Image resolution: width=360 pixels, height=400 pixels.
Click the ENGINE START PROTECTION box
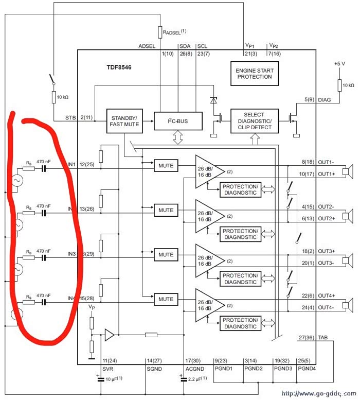[254, 73]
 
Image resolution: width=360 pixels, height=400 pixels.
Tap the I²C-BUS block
[178, 121]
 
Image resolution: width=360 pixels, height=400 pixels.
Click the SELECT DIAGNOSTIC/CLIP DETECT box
[254, 121]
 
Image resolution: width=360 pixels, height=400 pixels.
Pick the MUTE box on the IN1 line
[166, 166]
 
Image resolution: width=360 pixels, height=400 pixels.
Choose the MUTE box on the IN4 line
[166, 299]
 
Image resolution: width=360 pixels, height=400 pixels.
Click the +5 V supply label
[340, 63]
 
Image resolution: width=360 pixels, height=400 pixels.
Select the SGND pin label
[155, 369]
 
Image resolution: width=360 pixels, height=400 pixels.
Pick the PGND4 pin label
[308, 369]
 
